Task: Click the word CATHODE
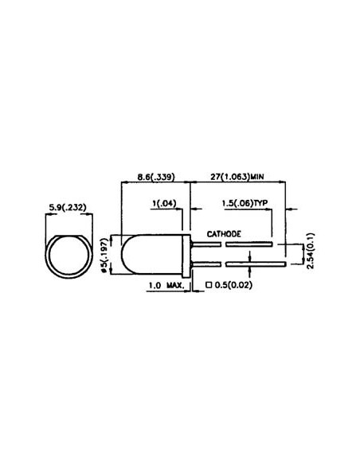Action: [x=225, y=235]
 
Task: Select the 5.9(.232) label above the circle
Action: [x=68, y=208]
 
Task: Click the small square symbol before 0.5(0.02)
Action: [x=209, y=283]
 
